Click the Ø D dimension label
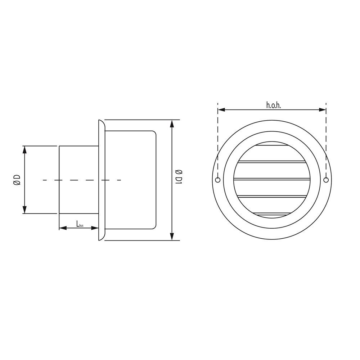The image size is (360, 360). click(x=17, y=180)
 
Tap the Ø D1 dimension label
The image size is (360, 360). click(x=179, y=177)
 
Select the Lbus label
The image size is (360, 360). click(x=80, y=224)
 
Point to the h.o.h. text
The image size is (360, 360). click(x=274, y=105)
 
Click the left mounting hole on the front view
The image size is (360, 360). click(x=218, y=180)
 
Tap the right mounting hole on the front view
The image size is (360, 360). click(x=326, y=180)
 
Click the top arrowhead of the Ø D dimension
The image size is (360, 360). click(x=25, y=149)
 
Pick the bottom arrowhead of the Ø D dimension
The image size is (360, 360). click(x=25, y=210)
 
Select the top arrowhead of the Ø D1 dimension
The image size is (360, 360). click(x=172, y=123)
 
